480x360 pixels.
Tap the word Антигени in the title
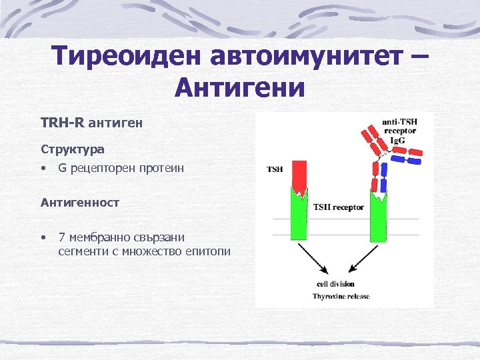pyautogui.click(x=239, y=87)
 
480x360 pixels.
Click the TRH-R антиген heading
pyautogui.click(x=91, y=123)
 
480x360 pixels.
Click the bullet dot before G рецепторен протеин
pyautogui.click(x=43, y=169)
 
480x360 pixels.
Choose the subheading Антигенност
pyautogui.click(x=80, y=202)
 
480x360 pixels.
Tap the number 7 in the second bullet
pyautogui.click(x=61, y=237)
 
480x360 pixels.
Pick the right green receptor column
pyautogui.click(x=378, y=217)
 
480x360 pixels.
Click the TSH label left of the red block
pyautogui.click(x=275, y=169)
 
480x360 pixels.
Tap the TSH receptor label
pyautogui.click(x=339, y=207)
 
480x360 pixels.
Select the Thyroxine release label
pyautogui.click(x=341, y=296)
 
